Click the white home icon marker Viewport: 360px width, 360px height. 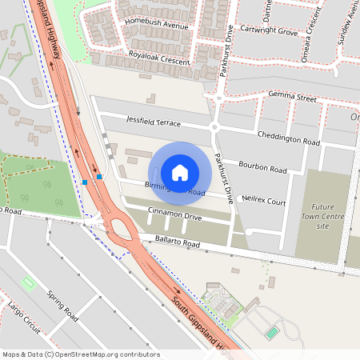(x=180, y=172)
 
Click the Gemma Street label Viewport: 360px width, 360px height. (x=282, y=95)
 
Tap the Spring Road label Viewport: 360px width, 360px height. (x=62, y=305)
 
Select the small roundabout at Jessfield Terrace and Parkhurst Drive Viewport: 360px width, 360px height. (x=214, y=127)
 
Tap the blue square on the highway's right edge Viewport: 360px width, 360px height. (x=99, y=176)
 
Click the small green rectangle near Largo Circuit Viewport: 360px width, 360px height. (x=29, y=282)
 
